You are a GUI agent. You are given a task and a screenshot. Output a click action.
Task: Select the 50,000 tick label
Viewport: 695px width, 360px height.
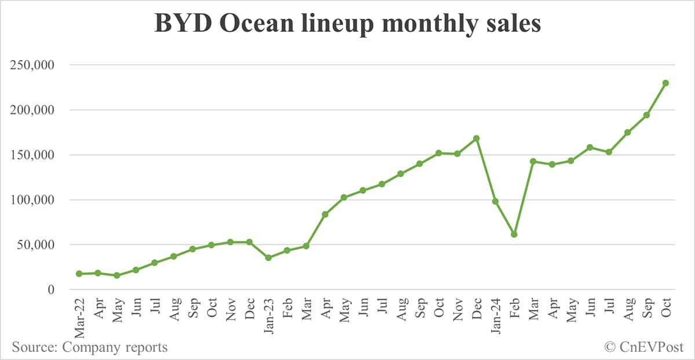pyautogui.click(x=35, y=245)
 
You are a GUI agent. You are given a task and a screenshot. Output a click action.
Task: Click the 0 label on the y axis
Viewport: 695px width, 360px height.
pyautogui.click(x=51, y=290)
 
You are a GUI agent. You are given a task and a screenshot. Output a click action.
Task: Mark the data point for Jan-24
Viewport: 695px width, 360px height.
pyautogui.click(x=495, y=201)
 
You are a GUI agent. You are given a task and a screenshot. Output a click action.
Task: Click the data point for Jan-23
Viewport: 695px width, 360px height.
pyautogui.click(x=268, y=258)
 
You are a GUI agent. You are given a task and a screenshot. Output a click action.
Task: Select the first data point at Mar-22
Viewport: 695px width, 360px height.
pyautogui.click(x=79, y=274)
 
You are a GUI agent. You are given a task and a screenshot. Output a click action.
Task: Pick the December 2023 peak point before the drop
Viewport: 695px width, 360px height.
pyautogui.click(x=476, y=138)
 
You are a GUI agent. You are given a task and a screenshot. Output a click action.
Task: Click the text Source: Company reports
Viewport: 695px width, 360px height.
pyautogui.click(x=90, y=347)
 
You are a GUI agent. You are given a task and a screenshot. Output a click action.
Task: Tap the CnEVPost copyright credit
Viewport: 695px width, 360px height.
pyautogui.click(x=643, y=347)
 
